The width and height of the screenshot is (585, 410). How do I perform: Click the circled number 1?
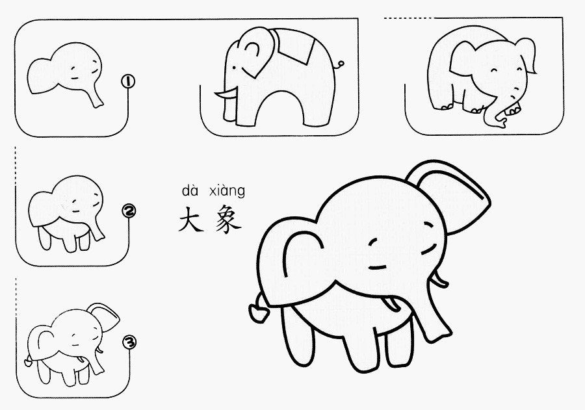click(128, 81)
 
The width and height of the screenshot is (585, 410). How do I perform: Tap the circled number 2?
click(129, 211)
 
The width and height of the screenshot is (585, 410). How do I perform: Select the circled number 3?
click(129, 342)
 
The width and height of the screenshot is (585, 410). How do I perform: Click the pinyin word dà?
click(190, 190)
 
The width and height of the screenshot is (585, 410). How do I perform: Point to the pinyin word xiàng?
click(227, 191)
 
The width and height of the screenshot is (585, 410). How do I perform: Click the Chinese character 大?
click(191, 220)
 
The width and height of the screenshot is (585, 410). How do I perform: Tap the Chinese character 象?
click(228, 220)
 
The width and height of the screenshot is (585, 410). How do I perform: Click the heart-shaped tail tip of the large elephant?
click(258, 313)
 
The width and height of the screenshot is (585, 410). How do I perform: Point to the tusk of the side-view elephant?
click(226, 94)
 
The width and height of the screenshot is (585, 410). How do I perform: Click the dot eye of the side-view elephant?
click(234, 68)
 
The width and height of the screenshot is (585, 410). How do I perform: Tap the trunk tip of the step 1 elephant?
click(99, 103)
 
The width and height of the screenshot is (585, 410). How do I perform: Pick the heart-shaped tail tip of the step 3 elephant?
click(28, 361)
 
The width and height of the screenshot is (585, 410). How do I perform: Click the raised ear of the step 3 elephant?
click(105, 315)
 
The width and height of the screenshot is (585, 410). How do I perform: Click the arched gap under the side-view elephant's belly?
click(279, 109)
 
